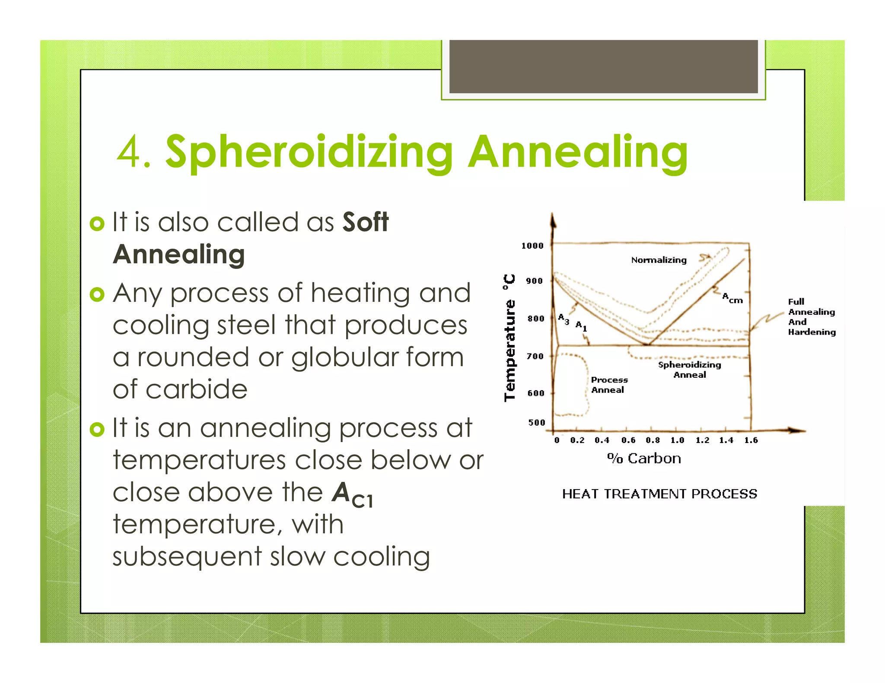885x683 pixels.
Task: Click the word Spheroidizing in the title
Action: tap(309, 152)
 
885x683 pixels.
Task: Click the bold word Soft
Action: tap(365, 222)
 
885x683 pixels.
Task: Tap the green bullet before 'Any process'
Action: tap(97, 294)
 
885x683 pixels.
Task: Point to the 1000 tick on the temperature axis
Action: tap(532, 246)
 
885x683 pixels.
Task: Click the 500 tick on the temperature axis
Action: tap(536, 423)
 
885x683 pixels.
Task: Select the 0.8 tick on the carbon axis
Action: tap(653, 440)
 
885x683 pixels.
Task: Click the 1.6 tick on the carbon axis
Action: tap(751, 440)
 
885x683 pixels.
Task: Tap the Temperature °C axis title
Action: tap(510, 338)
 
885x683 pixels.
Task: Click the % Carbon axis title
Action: tap(644, 458)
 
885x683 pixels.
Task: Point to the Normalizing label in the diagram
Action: tap(659, 260)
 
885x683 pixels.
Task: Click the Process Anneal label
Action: tap(609, 385)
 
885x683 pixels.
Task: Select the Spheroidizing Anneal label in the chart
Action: tap(689, 370)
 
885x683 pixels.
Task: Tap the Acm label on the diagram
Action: tap(732, 298)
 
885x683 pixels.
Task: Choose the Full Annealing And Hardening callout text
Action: tap(811, 316)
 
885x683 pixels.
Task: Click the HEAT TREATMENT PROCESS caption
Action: tap(659, 493)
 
